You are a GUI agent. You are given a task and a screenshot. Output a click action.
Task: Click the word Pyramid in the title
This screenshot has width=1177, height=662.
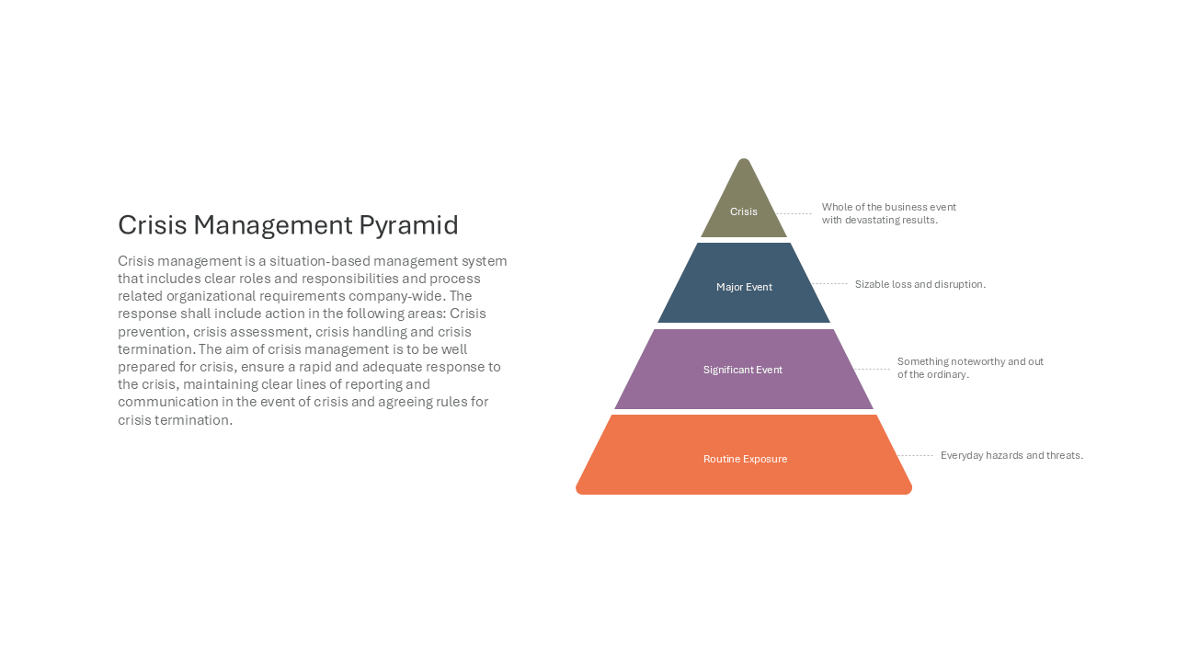pyautogui.click(x=408, y=225)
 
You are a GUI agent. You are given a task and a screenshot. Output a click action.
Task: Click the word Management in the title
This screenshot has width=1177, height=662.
pyautogui.click(x=273, y=225)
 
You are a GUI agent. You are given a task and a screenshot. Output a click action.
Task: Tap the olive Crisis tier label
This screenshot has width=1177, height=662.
pyautogui.click(x=744, y=211)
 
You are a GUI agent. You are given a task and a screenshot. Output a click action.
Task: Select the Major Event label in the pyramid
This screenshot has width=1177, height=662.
pyautogui.click(x=744, y=287)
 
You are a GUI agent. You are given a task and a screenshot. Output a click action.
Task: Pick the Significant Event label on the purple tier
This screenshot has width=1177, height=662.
pyautogui.click(x=742, y=370)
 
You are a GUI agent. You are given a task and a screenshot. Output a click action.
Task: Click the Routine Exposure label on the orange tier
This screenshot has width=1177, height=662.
pyautogui.click(x=745, y=459)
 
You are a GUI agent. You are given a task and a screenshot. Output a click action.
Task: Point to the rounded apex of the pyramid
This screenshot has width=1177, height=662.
pyautogui.click(x=744, y=159)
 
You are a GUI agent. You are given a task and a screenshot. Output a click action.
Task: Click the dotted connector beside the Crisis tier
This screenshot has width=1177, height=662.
pyautogui.click(x=794, y=214)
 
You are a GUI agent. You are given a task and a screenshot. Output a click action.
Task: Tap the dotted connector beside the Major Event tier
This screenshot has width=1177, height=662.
pyautogui.click(x=829, y=284)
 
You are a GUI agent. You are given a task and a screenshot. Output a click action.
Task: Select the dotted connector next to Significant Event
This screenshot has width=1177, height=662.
pyautogui.click(x=873, y=370)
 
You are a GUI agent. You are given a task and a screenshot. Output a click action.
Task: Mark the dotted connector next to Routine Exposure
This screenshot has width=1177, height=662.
pyautogui.click(x=915, y=455)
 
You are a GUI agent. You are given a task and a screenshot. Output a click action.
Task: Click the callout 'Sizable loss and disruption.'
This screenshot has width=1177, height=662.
pyautogui.click(x=920, y=284)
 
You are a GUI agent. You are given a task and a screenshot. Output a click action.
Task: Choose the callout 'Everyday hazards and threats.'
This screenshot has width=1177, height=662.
pyautogui.click(x=1011, y=455)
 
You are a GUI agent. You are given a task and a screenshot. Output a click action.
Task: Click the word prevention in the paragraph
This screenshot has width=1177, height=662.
pyautogui.click(x=152, y=332)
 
